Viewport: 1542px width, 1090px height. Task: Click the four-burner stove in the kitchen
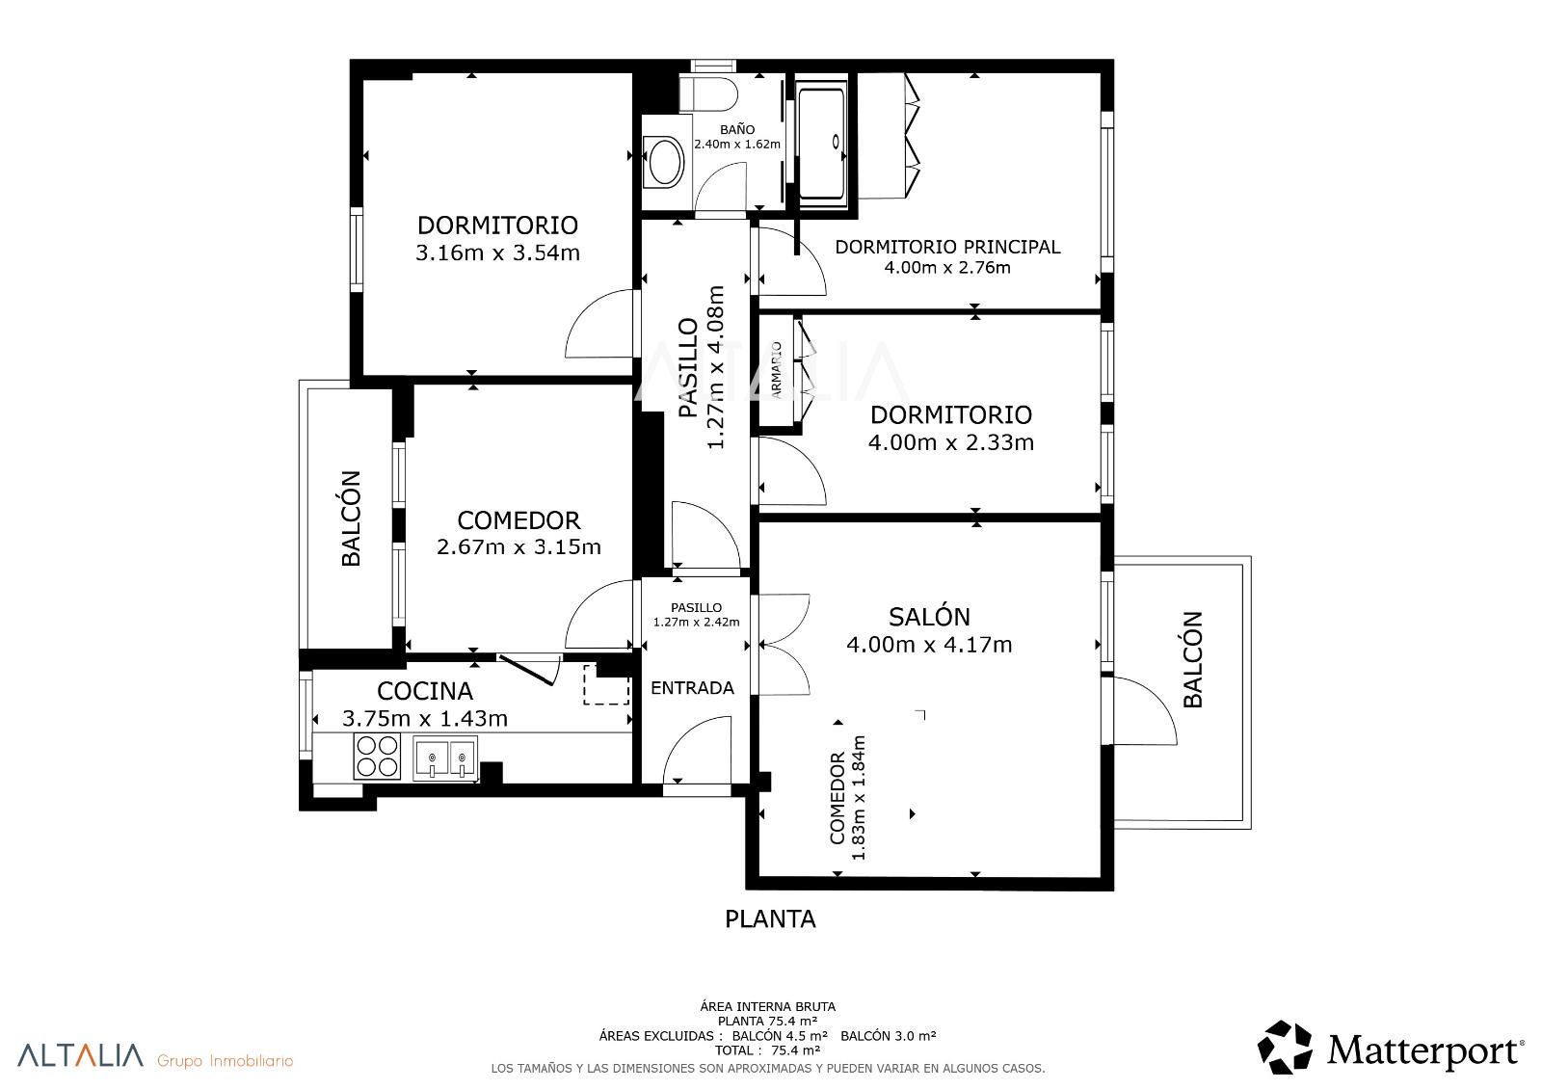click(x=377, y=757)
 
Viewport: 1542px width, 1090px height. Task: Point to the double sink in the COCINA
click(x=444, y=758)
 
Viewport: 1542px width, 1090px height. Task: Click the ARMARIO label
click(x=776, y=370)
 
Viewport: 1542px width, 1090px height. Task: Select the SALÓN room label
click(x=929, y=617)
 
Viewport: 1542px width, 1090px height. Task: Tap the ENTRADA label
click(x=693, y=688)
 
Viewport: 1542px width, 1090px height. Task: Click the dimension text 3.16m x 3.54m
click(x=497, y=253)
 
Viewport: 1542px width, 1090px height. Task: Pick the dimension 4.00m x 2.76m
click(x=947, y=267)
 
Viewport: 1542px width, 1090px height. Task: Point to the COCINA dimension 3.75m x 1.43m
click(x=425, y=719)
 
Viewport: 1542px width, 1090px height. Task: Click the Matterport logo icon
click(x=1285, y=1048)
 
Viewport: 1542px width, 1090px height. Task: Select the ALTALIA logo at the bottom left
click(x=80, y=1055)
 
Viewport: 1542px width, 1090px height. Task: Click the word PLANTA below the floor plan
click(x=770, y=919)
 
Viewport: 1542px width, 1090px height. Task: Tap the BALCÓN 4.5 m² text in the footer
click(x=780, y=1036)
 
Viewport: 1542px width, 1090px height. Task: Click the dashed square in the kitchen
click(x=606, y=684)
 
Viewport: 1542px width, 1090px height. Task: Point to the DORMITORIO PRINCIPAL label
click(x=947, y=247)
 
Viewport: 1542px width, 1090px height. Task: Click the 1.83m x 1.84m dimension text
click(x=858, y=798)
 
